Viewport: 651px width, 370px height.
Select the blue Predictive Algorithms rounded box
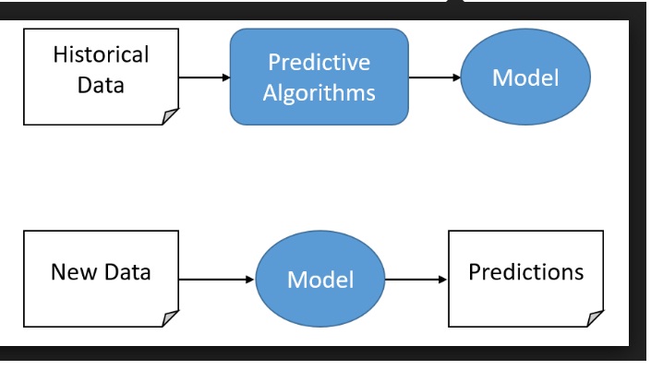tap(319, 77)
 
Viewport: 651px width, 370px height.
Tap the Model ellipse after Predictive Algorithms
tap(524, 78)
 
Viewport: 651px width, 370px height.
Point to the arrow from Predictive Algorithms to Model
tap(434, 78)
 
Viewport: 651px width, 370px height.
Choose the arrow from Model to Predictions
tap(416, 278)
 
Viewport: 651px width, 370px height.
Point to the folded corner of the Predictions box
tap(594, 316)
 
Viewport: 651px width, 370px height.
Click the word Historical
tap(101, 54)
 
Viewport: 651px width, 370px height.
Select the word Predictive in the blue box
tap(319, 63)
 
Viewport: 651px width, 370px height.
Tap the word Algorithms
tap(319, 93)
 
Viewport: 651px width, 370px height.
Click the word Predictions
tap(525, 272)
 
